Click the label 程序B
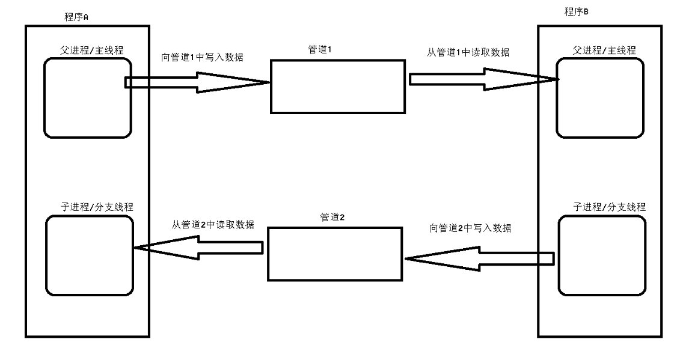click(576, 11)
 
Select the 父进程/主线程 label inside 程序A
click(88, 46)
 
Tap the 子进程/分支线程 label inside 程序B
click(601, 207)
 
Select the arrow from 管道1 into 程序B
click(481, 79)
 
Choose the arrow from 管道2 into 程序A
click(198, 247)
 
